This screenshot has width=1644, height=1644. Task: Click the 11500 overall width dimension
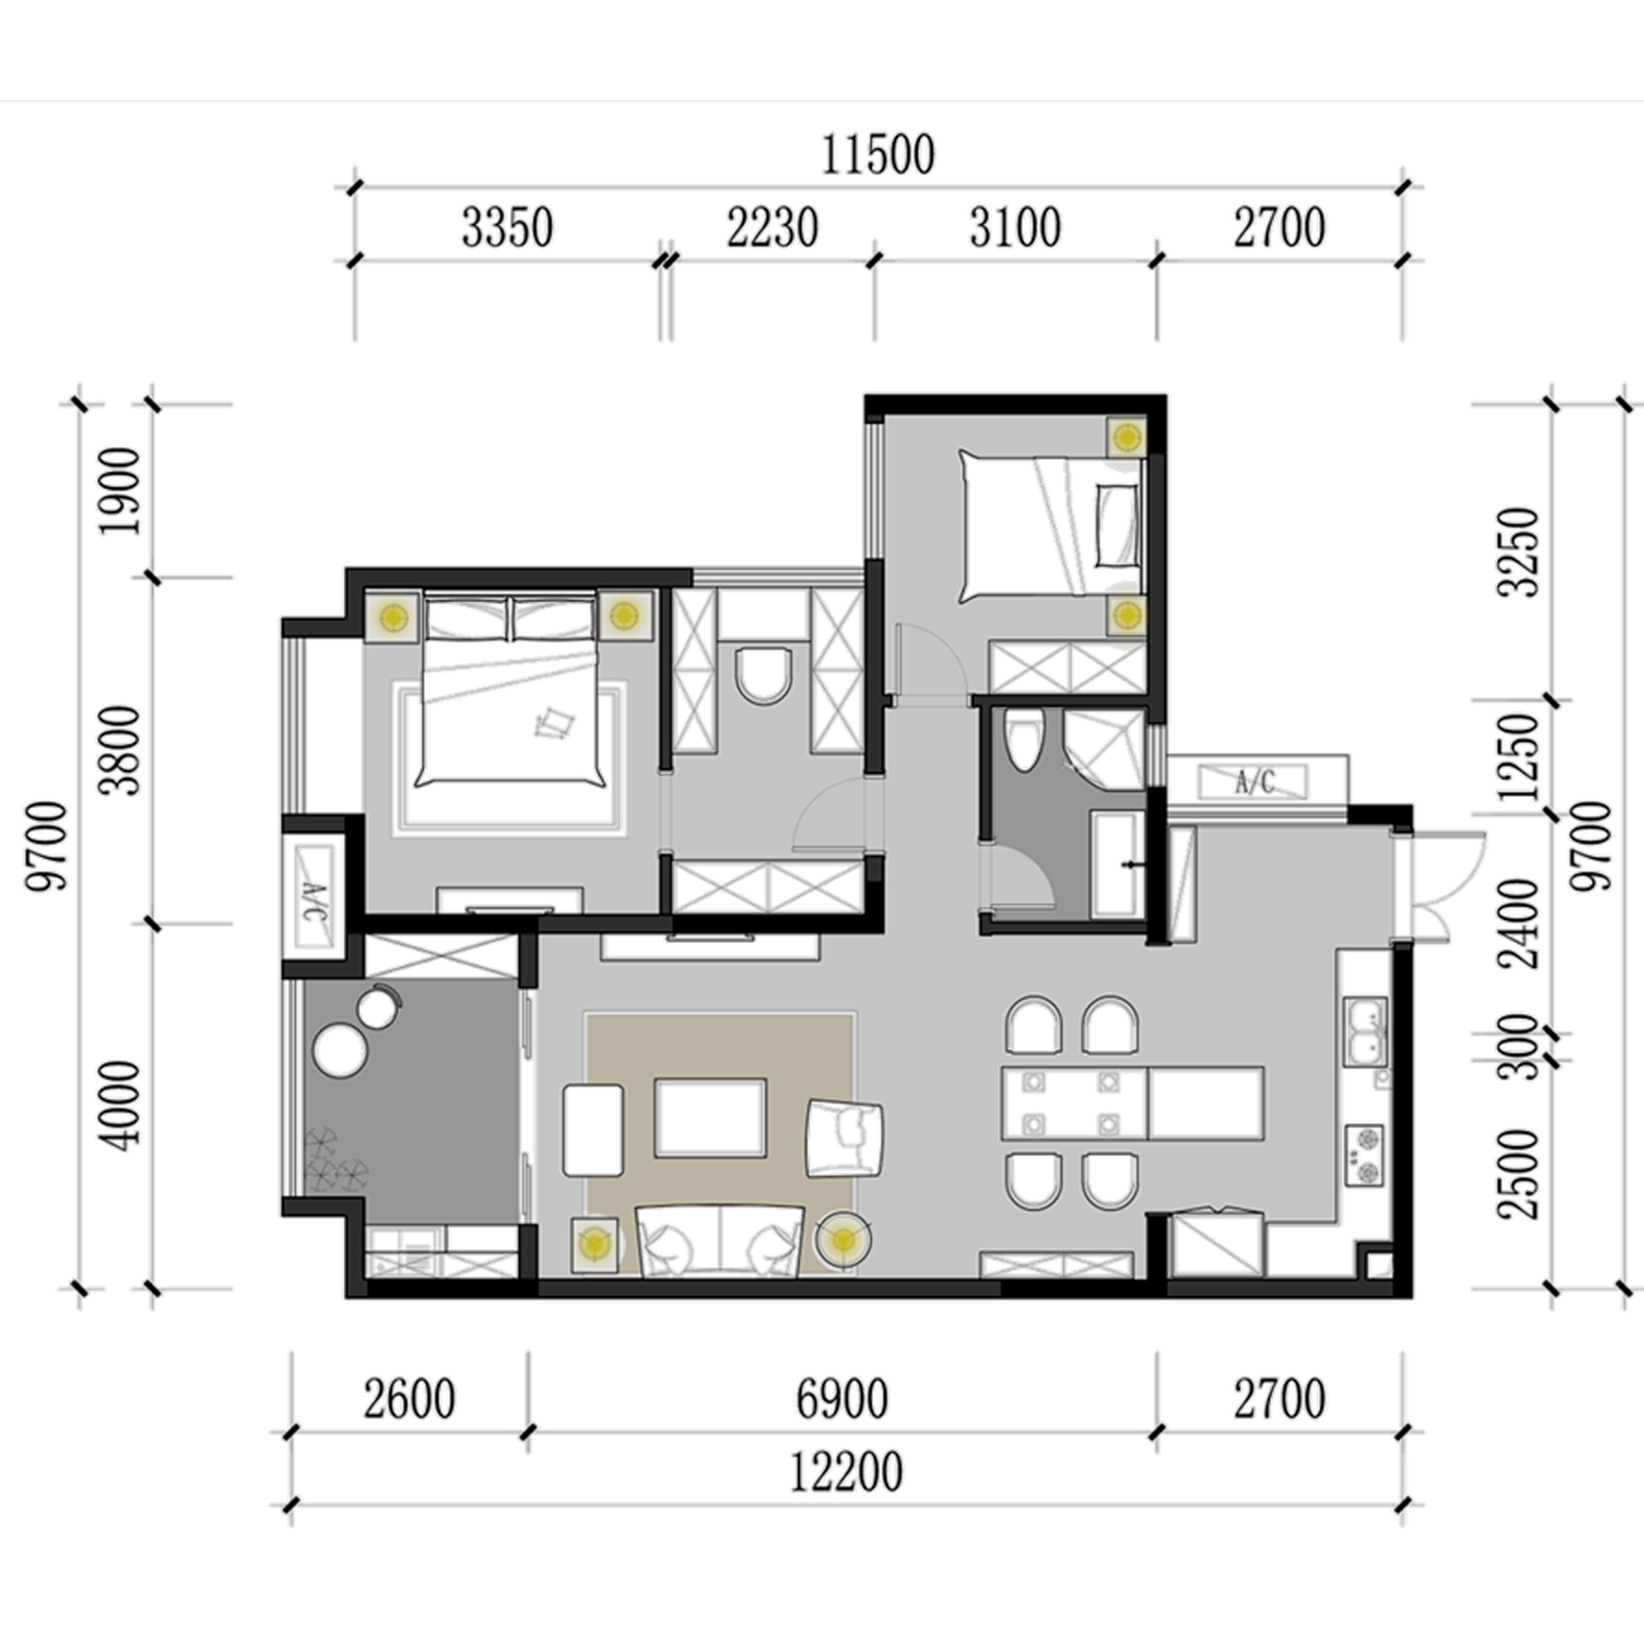coord(877,155)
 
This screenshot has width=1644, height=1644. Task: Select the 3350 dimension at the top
coord(507,228)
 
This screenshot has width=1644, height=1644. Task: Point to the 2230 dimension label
coord(772,228)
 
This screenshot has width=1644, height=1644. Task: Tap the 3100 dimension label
coord(1015,228)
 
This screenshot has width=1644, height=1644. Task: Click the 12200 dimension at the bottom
coord(846,1472)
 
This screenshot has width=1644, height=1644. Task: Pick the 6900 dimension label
coord(842,1399)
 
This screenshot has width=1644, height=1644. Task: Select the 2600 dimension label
coord(409,1399)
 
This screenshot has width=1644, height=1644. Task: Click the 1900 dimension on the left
coord(120,490)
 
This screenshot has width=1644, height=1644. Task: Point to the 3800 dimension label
coord(120,751)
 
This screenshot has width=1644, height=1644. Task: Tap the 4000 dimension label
coord(120,1106)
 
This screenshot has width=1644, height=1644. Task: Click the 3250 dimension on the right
coord(1519,551)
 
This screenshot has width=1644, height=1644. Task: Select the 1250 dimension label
coord(1519,757)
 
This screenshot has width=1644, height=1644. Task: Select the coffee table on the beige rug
coord(710,1117)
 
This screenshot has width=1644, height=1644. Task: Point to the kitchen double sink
coord(1364,1030)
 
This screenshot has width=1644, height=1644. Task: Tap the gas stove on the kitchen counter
coord(1364,1155)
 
